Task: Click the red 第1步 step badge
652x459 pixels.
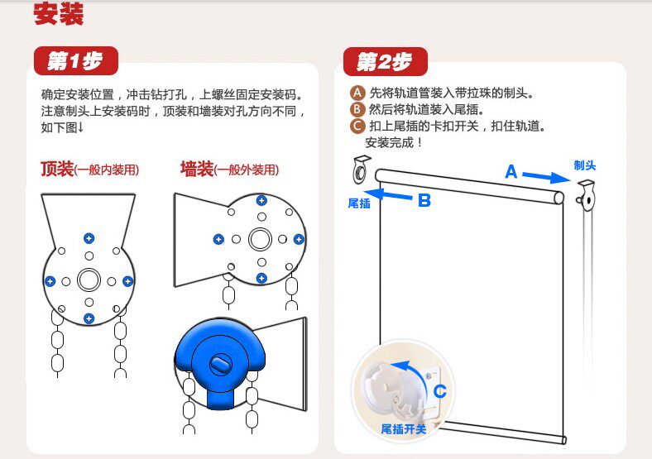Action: [76, 60]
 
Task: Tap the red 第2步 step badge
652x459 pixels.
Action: [385, 62]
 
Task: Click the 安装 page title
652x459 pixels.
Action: [59, 15]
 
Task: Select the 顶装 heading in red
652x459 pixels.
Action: [57, 170]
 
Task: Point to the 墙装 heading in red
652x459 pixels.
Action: [197, 170]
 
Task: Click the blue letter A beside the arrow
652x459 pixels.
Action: [511, 172]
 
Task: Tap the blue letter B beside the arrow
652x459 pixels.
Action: [424, 200]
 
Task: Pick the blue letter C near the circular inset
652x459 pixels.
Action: [440, 391]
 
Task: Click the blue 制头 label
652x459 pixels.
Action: [585, 165]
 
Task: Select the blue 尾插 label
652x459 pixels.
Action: [359, 203]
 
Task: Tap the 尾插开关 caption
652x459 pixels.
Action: [404, 428]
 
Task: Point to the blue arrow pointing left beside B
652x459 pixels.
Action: [389, 196]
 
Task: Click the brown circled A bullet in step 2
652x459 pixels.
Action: [358, 93]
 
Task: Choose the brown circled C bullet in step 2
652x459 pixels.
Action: [358, 126]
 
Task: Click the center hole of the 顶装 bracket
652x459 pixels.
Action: [89, 280]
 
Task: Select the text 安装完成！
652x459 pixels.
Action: [394, 142]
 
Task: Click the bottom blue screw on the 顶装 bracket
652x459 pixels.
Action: [89, 318]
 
